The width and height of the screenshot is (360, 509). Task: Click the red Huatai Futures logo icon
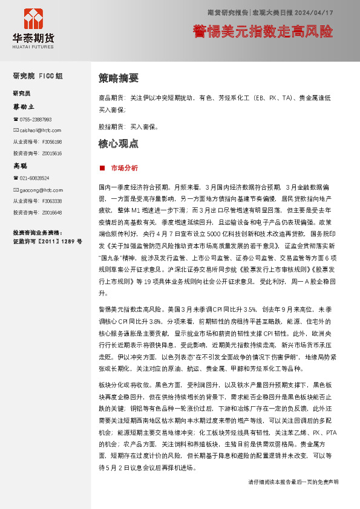point(33,20)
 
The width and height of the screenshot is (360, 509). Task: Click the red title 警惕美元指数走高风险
point(263,30)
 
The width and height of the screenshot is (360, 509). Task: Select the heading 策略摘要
point(119,78)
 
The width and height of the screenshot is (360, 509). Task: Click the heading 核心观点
point(119,144)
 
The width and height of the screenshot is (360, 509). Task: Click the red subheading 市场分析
point(124,167)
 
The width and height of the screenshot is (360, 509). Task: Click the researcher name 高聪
point(21,165)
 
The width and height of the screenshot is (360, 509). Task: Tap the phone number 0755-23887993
point(36,120)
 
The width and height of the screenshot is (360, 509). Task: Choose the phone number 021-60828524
point(34,178)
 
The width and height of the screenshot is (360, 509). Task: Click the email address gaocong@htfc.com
point(40,189)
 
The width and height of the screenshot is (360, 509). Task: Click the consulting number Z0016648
point(52,212)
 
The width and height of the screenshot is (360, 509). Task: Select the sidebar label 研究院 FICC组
point(38,76)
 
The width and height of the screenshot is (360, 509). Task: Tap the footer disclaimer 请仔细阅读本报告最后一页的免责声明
point(293,482)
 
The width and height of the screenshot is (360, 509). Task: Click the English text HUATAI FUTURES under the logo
point(33,44)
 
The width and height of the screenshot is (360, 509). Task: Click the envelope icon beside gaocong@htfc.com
point(16,189)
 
